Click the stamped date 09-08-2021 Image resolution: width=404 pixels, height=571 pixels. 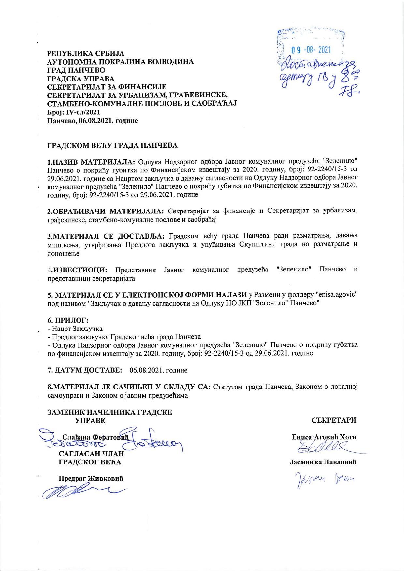(310, 50)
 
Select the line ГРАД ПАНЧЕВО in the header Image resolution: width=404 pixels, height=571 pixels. (76, 70)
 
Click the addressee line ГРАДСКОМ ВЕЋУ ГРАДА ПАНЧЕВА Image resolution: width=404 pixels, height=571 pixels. (113, 145)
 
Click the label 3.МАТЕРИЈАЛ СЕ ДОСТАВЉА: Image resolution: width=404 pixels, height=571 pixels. (107, 236)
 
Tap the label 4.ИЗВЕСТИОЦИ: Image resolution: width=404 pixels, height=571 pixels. (78, 270)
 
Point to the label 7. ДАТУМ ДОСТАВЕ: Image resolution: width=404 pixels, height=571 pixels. (85, 370)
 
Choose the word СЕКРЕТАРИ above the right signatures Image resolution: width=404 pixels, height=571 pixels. (334, 420)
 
